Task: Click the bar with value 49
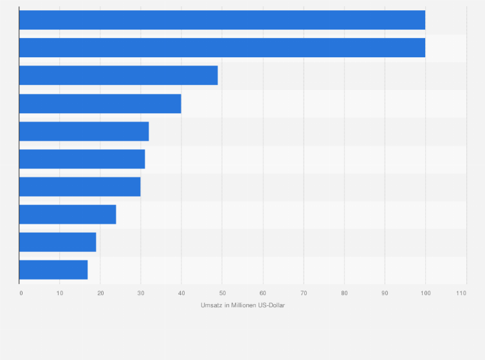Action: click(118, 75)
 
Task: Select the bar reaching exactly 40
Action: click(100, 104)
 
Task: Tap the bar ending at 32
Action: click(84, 131)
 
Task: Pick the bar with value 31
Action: click(82, 159)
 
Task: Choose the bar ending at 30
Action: click(80, 186)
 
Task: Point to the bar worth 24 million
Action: click(68, 214)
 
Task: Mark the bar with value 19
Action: click(57, 242)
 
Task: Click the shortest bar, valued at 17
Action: click(53, 269)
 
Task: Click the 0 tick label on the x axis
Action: click(21, 293)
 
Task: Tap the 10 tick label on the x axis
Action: click(60, 293)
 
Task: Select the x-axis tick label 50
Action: click(222, 293)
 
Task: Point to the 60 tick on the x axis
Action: click(262, 293)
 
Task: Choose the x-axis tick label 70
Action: click(304, 293)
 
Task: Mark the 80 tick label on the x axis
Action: click(344, 293)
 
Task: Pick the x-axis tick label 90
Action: click(385, 293)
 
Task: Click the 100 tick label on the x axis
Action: click(425, 293)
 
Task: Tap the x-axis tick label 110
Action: click(461, 293)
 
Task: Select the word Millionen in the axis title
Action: click(241, 305)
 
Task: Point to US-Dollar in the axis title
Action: click(271, 305)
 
